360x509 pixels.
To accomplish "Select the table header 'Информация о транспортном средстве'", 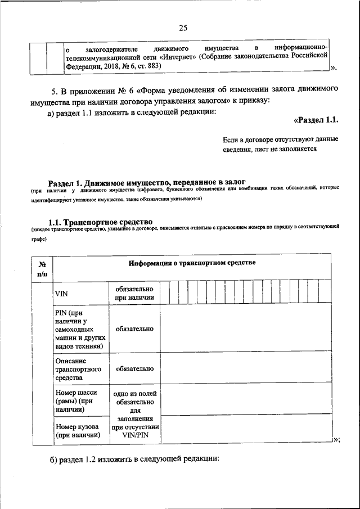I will [191, 263].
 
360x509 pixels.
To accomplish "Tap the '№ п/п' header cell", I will [42, 268].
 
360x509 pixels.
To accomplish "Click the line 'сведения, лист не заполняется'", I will [269, 149].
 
